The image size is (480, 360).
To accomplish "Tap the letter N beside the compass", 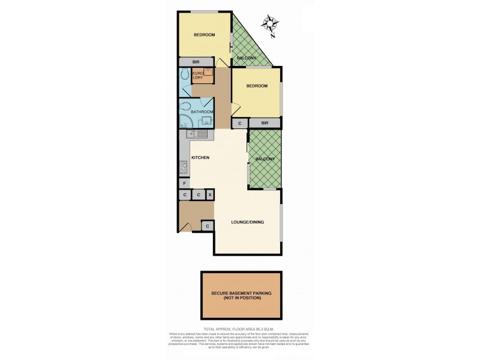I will [x=272, y=35].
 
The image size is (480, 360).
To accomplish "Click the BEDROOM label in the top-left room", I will [x=204, y=35].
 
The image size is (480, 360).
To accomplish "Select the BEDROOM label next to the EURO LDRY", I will [x=257, y=86].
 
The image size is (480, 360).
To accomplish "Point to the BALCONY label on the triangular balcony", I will [x=247, y=58].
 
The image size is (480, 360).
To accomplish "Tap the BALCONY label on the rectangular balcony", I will [x=265, y=159].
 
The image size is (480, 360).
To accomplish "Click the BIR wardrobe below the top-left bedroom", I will [x=196, y=62].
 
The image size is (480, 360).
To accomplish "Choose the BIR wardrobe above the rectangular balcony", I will [x=265, y=123].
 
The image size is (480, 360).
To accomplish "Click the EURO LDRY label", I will [x=197, y=76].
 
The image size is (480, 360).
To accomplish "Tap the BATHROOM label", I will [x=202, y=112].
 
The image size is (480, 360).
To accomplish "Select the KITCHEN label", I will [x=200, y=157].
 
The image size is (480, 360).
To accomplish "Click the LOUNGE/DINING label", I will [x=248, y=222].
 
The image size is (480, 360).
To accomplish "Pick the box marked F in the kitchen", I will [x=184, y=183].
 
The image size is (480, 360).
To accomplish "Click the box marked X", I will [x=210, y=195].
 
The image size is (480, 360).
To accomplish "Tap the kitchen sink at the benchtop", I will [x=202, y=134].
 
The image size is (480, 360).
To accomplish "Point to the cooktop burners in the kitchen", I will [x=183, y=167].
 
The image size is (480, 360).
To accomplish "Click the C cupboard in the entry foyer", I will [x=207, y=226].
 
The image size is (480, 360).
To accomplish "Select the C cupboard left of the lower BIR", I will [x=240, y=123].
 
